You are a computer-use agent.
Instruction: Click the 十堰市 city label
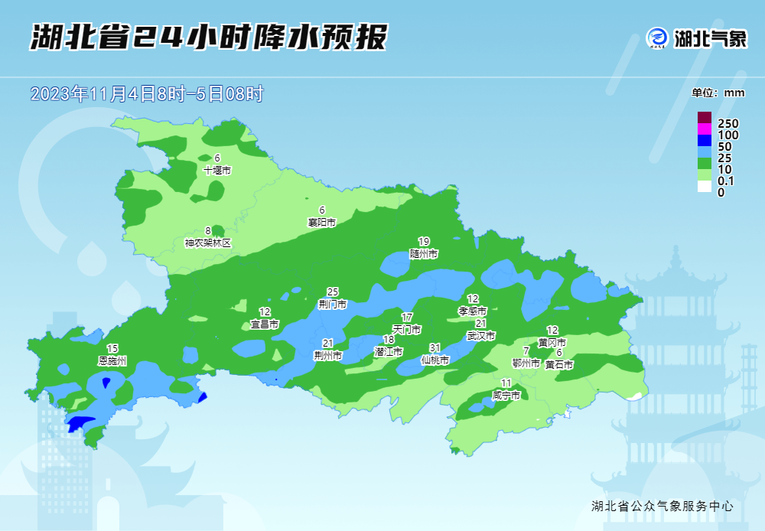pos(217,171)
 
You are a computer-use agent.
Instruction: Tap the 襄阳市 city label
pos(322,223)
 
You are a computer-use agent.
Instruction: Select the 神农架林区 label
pos(207,243)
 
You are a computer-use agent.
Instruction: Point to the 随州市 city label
pos(424,253)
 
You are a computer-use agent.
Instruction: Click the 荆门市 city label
pos(333,305)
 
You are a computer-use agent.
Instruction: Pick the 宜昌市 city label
pos(265,324)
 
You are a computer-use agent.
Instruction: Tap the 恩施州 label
pos(112,360)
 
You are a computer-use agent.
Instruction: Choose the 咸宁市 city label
pos(506,396)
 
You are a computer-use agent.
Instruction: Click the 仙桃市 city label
pos(435,360)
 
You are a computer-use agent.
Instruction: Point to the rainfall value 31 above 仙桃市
pos(435,347)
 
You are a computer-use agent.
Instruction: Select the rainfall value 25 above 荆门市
pos(333,292)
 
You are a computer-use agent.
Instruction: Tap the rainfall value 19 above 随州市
pos(424,241)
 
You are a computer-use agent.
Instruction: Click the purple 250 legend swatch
pos(704,118)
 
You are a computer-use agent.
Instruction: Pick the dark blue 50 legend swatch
pos(704,146)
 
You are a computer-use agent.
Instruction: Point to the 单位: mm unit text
pos(718,93)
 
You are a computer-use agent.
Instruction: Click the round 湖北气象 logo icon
pos(657,37)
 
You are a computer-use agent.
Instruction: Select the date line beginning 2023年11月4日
pos(147,94)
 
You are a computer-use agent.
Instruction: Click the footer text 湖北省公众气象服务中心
pos(662,506)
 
